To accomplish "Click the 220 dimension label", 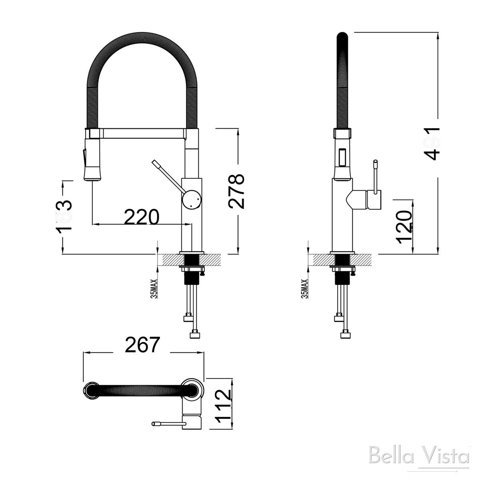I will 141,217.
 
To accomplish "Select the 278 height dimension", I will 236,191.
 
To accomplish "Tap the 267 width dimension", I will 142,345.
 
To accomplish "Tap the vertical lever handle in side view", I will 376,176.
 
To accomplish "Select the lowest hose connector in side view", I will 346,334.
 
